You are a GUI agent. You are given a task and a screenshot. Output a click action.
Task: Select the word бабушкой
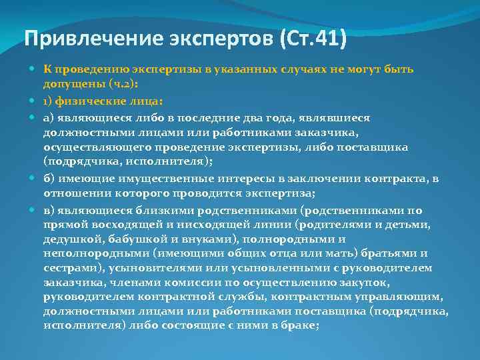129,239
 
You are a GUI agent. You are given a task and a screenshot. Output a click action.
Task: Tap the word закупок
367,283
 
